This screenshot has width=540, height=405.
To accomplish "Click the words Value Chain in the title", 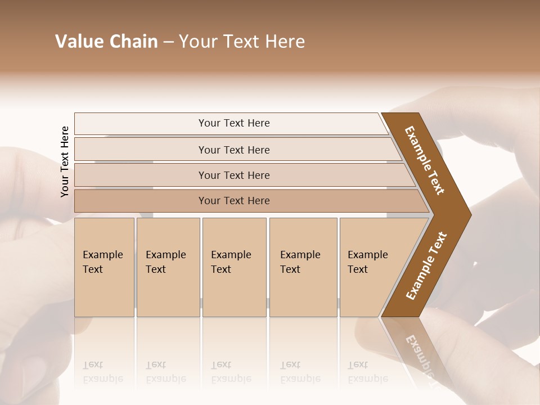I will point(106,42).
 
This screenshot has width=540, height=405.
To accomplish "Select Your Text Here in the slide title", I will point(242,42).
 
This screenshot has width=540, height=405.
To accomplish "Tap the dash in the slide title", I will point(168,42).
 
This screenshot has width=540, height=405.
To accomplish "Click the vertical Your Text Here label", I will point(65,161).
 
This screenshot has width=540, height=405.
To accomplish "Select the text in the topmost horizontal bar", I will point(234,123).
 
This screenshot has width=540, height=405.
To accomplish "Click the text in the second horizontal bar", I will point(234,150).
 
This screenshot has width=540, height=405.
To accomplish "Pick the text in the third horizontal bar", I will point(234,175).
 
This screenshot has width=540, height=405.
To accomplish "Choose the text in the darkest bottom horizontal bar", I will point(234,201).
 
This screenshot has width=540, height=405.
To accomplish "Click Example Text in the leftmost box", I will point(102,262).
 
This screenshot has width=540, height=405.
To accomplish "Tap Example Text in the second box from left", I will point(165,262).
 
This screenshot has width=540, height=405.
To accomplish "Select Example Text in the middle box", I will point(231,262).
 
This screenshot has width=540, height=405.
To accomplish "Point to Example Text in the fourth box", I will point(300,262).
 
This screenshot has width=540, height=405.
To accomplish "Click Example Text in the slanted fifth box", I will point(367,262).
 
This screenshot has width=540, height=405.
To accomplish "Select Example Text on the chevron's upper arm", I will point(425,160).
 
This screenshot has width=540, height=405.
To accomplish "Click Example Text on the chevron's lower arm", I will point(426,266).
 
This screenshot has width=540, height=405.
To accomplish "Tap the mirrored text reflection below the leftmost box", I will point(102,372).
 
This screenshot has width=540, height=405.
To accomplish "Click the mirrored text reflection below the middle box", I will point(231,372).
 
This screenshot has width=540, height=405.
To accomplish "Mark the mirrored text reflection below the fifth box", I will point(367,372).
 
